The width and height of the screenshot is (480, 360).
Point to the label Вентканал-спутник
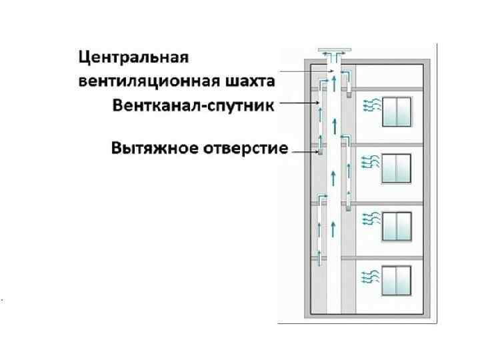(x=193, y=106)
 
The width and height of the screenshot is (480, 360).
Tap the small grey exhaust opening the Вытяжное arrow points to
(x=320, y=153)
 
